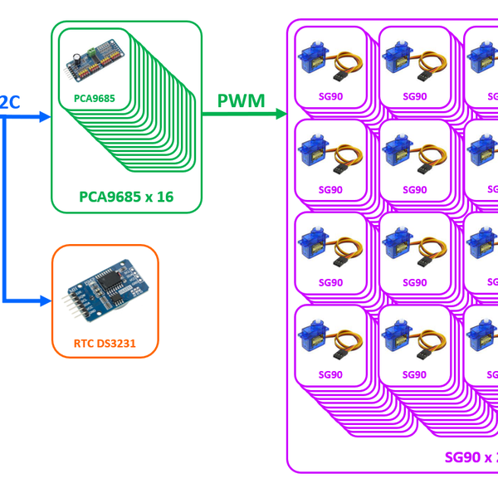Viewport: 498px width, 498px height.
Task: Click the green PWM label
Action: pos(241,101)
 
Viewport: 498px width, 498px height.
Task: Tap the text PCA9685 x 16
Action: pos(126,197)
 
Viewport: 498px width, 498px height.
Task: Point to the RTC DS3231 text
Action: pos(105,342)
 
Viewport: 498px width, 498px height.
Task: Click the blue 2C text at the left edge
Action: pos(9,101)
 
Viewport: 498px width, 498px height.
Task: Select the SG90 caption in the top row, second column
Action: pos(414,96)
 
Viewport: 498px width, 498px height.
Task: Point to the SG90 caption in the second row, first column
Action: pos(330,189)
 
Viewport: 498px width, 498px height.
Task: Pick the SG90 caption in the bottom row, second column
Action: pos(414,374)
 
